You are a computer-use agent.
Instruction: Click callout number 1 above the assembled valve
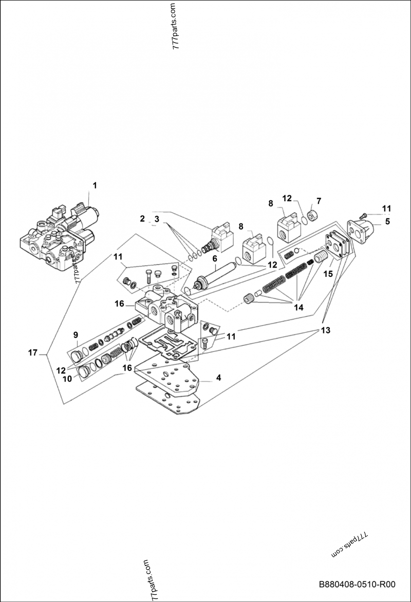[94, 185]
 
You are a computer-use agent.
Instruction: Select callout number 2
[142, 219]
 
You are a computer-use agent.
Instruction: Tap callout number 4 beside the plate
[218, 378]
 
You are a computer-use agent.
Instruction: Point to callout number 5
[387, 222]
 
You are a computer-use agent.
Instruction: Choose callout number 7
[319, 200]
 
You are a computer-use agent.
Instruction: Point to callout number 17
[33, 352]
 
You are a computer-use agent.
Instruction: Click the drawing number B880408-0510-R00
[357, 585]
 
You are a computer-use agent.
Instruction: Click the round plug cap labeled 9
[76, 354]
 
